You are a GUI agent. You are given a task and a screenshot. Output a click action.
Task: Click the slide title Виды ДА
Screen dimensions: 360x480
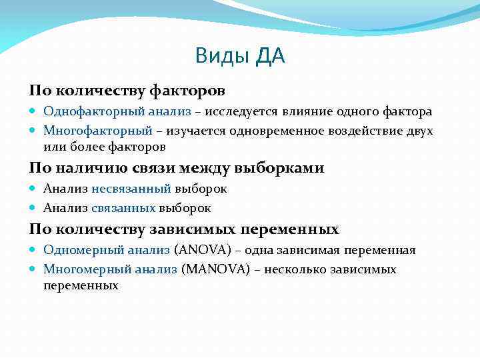coord(240,56)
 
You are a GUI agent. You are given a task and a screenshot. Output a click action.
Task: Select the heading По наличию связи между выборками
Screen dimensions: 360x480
coord(176,168)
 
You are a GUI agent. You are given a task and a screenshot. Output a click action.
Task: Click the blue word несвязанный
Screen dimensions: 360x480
coord(131,189)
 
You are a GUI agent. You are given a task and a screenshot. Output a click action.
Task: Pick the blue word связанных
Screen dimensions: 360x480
coord(123,208)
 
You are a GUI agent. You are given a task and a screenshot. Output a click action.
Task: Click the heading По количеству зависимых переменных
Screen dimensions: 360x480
coord(183,229)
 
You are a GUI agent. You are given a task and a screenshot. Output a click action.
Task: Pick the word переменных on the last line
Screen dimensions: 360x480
coord(81,286)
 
